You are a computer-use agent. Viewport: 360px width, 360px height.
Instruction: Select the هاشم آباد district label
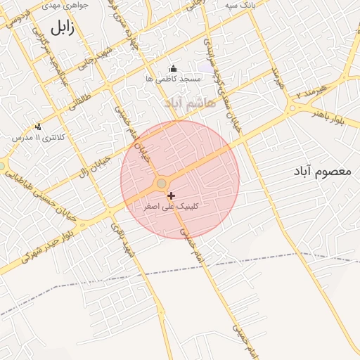click(183, 103)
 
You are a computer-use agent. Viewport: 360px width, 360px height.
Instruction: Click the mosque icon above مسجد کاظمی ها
click(174, 68)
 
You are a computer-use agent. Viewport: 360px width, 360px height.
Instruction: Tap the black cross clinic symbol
click(171, 195)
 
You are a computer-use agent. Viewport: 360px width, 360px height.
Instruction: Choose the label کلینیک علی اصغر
click(171, 206)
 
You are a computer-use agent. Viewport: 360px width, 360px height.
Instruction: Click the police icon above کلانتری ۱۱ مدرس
click(38, 127)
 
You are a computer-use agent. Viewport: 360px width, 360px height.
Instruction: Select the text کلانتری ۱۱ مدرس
click(38, 138)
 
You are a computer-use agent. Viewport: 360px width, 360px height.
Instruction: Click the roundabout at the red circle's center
click(162, 184)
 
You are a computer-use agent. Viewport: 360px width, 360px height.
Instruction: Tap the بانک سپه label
click(238, 5)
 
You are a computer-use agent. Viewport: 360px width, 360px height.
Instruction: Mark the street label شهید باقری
click(120, 240)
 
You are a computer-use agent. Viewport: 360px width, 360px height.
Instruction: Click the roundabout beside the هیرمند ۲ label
click(291, 108)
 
